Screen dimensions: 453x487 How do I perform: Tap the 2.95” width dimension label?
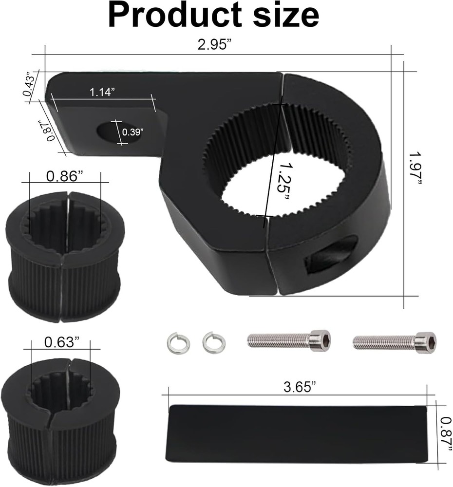[x=215, y=45]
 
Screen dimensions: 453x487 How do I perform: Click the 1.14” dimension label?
[x=102, y=92]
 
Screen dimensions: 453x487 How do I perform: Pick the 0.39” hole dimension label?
[x=132, y=132]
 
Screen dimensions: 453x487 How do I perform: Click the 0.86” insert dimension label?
[x=65, y=176]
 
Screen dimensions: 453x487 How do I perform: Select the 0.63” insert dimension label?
[x=62, y=342]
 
